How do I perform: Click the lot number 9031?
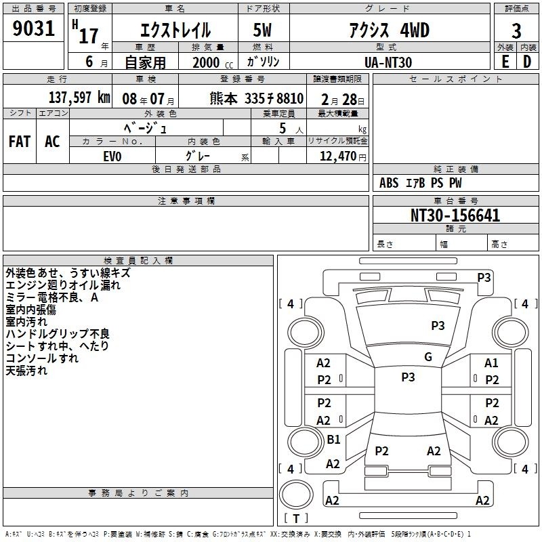click(x=33, y=28)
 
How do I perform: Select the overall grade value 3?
click(x=516, y=31)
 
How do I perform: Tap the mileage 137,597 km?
click(x=79, y=98)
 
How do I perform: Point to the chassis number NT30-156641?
click(x=455, y=215)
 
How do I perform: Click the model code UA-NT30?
click(x=388, y=62)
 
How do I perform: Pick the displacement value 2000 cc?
click(x=213, y=62)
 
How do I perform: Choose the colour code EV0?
click(x=112, y=157)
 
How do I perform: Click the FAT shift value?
click(x=20, y=142)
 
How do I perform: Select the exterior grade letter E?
click(x=505, y=62)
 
